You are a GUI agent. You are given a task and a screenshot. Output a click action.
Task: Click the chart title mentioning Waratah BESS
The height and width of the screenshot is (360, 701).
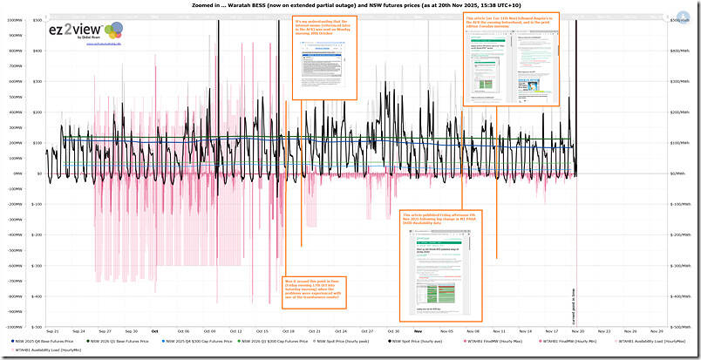pyautogui.click(x=349, y=5)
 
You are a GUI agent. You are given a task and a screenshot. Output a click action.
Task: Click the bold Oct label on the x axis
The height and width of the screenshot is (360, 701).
pyautogui.click(x=154, y=331)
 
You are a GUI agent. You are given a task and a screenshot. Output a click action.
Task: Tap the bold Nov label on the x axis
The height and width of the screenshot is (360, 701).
pyautogui.click(x=419, y=331)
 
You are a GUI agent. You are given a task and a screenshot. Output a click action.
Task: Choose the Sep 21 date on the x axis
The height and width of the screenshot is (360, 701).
pyautogui.click(x=52, y=331)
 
